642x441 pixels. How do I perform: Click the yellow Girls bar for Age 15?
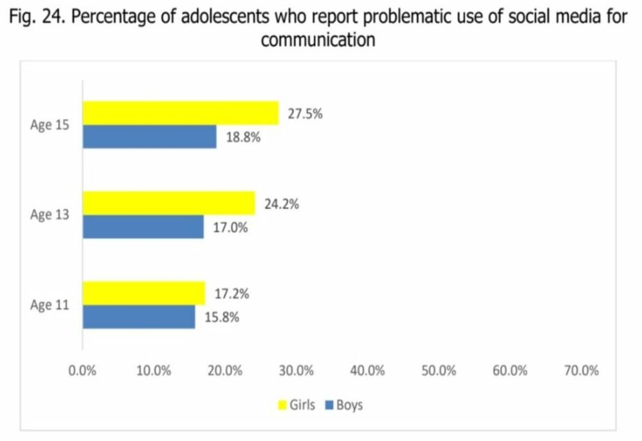180,113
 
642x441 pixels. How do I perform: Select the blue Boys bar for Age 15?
150,137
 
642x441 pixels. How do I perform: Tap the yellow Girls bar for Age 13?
169,203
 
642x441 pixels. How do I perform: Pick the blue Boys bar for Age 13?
143,227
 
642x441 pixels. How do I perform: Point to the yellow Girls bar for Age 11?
144,293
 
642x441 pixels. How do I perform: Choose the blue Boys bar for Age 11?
139,317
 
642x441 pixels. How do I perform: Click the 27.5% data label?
304,115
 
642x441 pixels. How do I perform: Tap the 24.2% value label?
281,205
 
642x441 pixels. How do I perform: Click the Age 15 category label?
49,125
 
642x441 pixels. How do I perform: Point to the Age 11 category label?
49,305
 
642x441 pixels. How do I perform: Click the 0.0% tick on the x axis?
82,370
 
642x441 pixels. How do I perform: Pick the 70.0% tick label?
581,370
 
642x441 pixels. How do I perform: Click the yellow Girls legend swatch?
282,405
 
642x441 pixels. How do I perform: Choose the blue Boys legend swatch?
330,405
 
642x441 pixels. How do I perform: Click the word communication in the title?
318,40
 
